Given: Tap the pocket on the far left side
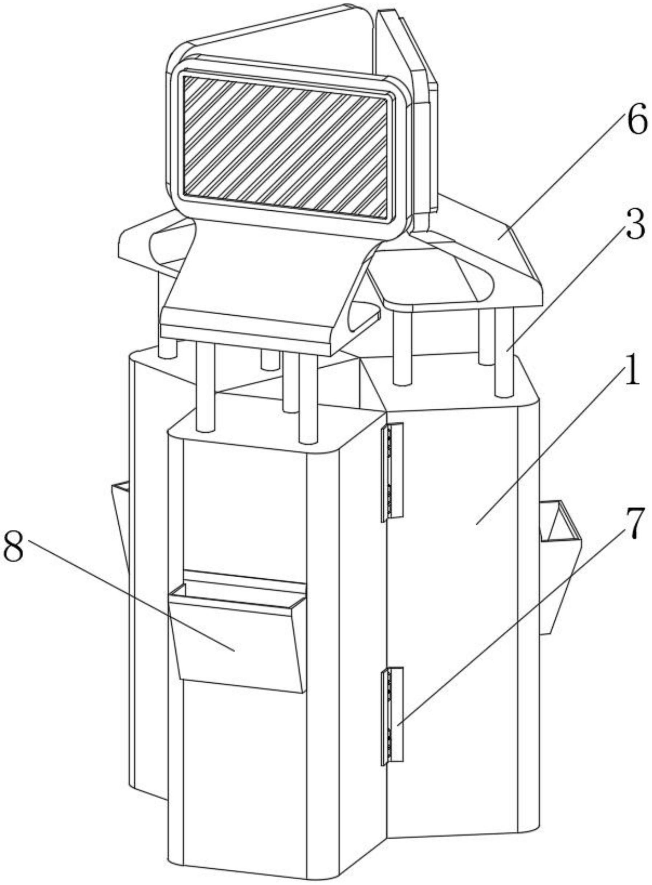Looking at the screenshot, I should pos(121,513).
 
